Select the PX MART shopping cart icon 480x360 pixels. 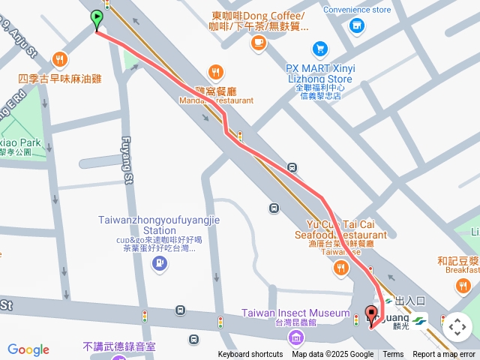pos(320,47)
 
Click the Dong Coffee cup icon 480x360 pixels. pos(259,43)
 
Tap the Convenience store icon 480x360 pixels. pos(357,25)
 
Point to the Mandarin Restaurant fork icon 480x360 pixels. pos(216,72)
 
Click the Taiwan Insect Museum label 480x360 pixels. pos(295,313)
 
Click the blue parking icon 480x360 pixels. pos(159,262)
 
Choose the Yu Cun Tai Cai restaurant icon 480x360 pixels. pos(340,266)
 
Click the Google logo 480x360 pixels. pos(28,349)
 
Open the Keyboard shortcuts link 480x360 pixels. pos(250,355)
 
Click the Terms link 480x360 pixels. pos(393,355)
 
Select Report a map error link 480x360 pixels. pos(444,355)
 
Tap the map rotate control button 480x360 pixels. pos(457,327)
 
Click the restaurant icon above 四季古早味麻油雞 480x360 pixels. pos(60,59)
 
